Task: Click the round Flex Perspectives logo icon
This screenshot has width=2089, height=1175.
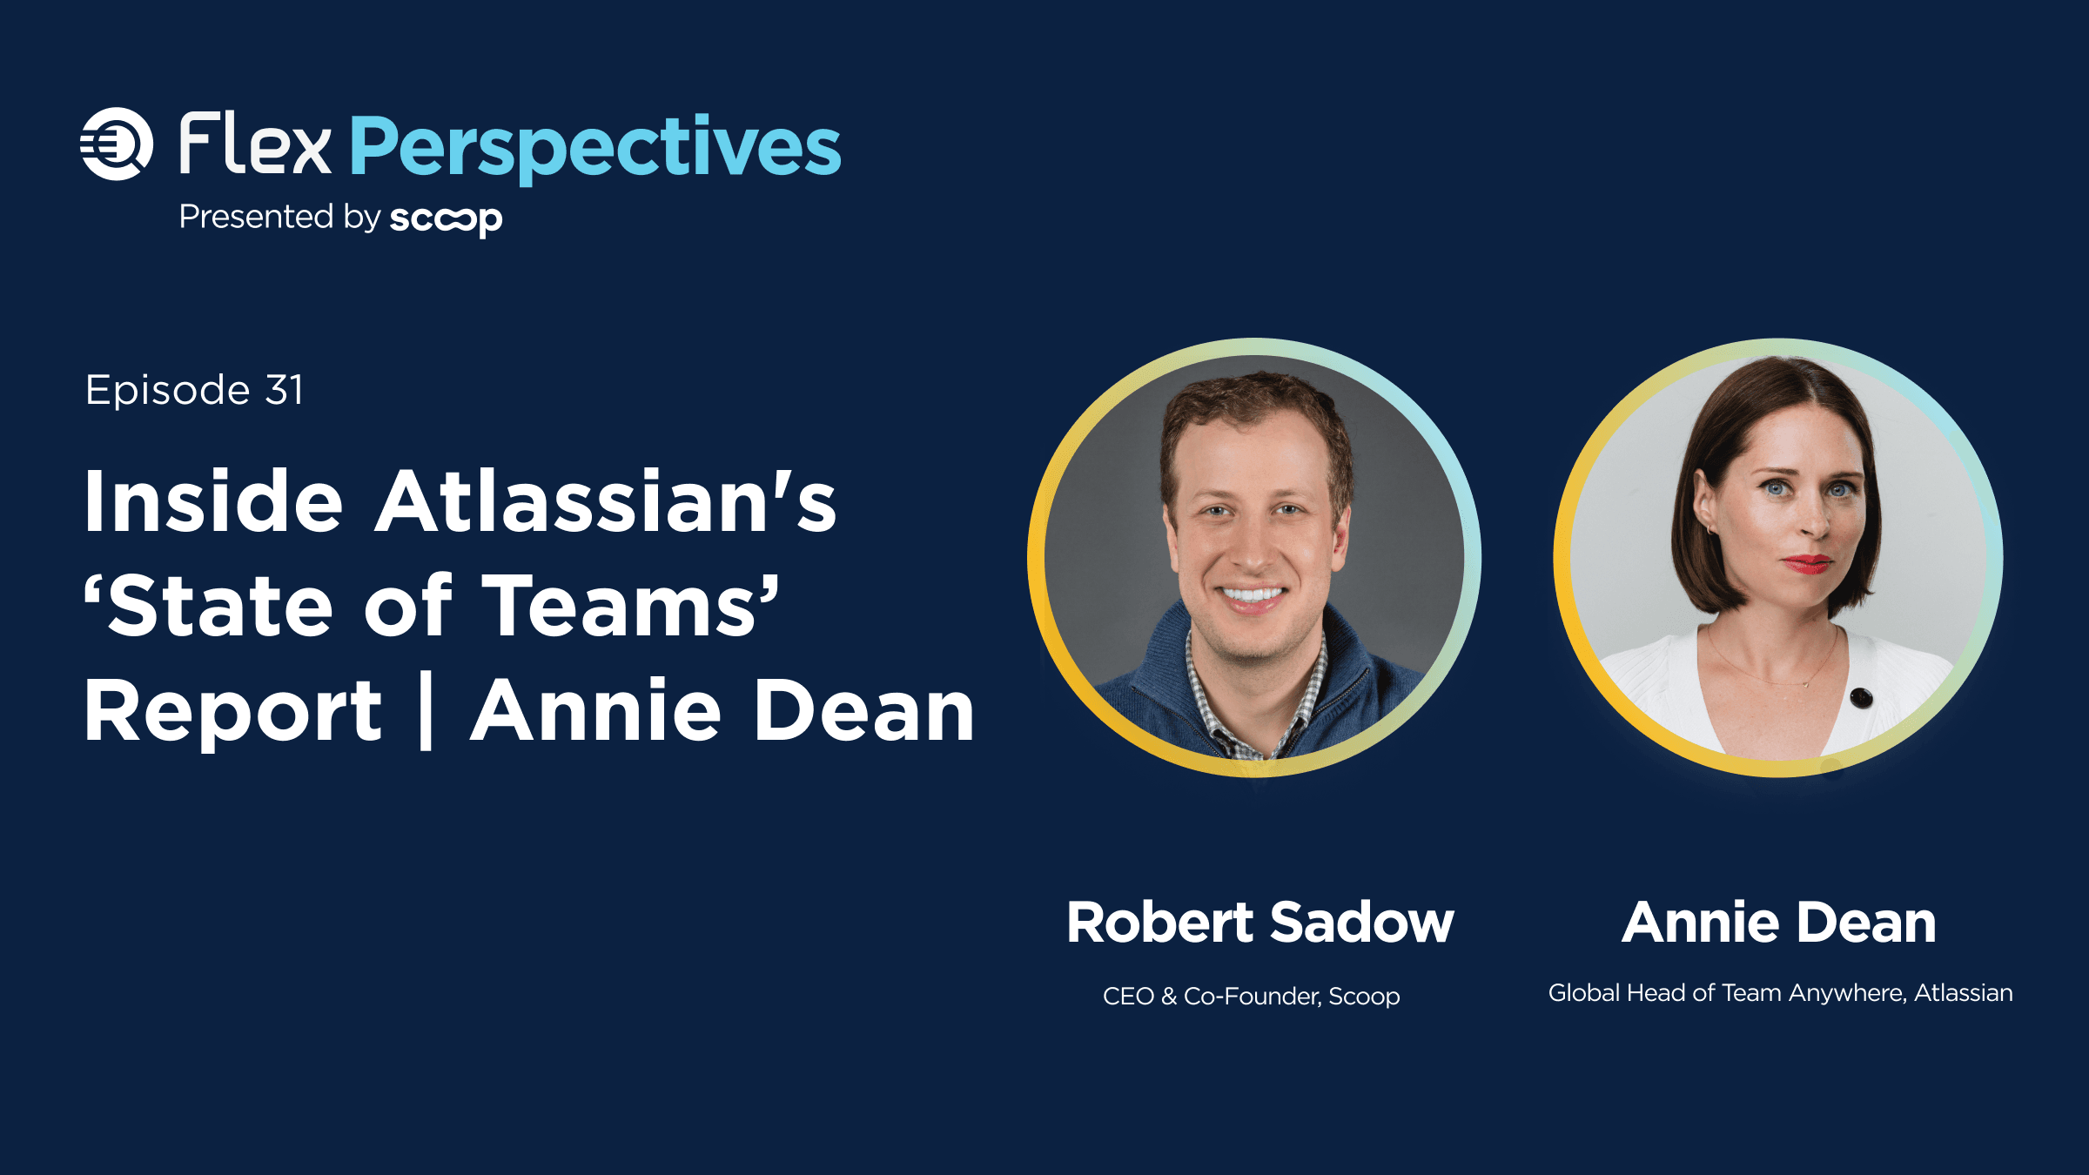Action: (117, 144)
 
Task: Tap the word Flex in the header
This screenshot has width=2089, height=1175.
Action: (255, 144)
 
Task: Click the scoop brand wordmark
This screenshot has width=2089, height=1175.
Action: (446, 218)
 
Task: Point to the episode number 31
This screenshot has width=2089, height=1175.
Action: (285, 390)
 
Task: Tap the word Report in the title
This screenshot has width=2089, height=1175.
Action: (232, 712)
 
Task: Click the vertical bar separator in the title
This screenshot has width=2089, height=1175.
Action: (426, 712)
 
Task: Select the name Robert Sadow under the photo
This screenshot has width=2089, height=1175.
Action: (1260, 922)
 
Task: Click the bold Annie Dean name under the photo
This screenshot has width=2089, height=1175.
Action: (1779, 922)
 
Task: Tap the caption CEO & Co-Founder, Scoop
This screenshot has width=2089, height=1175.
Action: (1251, 996)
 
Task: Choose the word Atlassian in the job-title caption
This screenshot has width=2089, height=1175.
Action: (1963, 992)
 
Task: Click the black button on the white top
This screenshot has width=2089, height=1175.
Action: (1861, 697)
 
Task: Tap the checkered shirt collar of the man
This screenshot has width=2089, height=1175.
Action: (1257, 701)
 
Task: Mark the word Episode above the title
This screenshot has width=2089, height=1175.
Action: (168, 391)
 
